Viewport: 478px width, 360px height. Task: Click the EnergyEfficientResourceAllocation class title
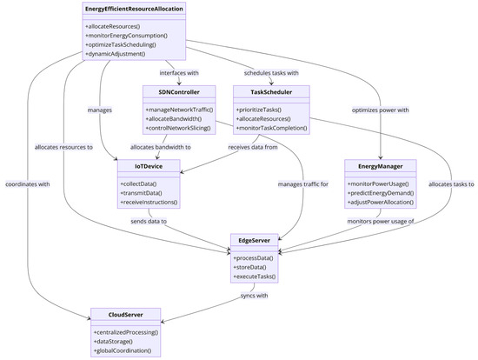[134, 9]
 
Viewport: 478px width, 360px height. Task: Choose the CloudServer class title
[127, 313]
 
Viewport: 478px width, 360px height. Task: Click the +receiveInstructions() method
[149, 202]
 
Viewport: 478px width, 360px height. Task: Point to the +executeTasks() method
[255, 276]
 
